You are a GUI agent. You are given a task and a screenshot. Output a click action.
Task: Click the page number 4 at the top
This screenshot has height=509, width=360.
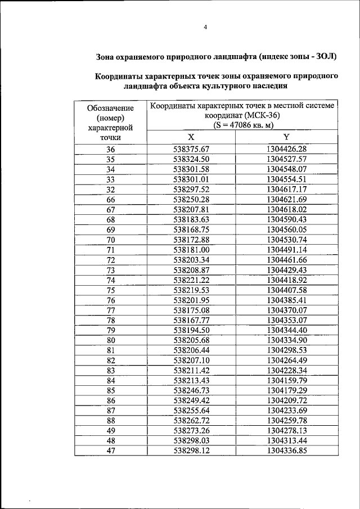[205, 28]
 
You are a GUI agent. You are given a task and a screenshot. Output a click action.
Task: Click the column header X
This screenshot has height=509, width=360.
[191, 137]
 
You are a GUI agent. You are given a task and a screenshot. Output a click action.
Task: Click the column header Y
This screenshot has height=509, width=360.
[286, 137]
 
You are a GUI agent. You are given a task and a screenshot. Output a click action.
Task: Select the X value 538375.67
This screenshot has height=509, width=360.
[191, 149]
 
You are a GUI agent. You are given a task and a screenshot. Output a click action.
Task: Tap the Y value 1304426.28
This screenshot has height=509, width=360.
[286, 149]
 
